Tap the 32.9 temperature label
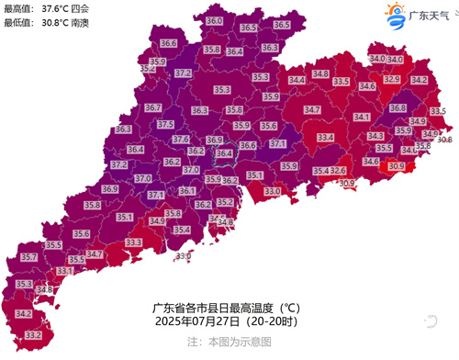pyautogui.click(x=392, y=80)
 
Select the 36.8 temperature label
pyautogui.click(x=398, y=107)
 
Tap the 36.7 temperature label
pyautogui.click(x=153, y=107)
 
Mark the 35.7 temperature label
pyautogui.click(x=28, y=257)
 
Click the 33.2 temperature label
pyautogui.click(x=33, y=336)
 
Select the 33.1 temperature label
pyautogui.click(x=64, y=271)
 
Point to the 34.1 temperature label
pyautogui.click(x=361, y=117)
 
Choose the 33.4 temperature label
pyautogui.click(x=325, y=137)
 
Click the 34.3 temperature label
pyautogui.click(x=375, y=136)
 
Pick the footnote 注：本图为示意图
pyautogui.click(x=228, y=341)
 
